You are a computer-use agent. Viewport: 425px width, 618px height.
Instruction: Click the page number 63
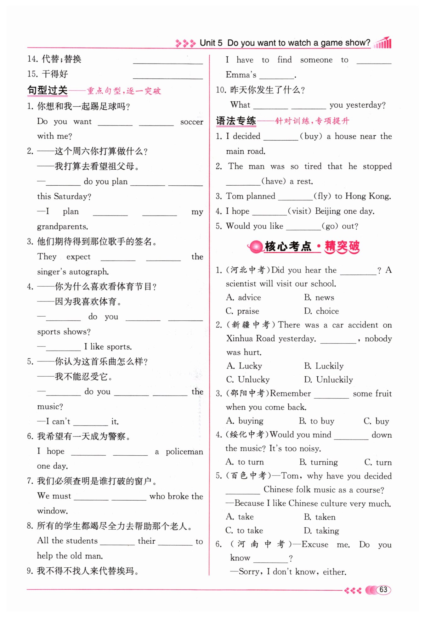[383, 589]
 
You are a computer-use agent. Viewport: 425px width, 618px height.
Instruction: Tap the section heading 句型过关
[48, 91]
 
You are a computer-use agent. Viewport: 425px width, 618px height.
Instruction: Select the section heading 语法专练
[236, 121]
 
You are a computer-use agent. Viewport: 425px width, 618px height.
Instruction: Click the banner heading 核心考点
[288, 246]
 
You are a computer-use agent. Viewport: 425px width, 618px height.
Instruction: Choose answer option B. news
[319, 297]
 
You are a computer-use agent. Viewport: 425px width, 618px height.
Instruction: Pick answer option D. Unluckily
[328, 379]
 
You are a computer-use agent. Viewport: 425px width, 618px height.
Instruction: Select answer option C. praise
[242, 311]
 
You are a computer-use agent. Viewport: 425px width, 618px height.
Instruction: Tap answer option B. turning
[319, 462]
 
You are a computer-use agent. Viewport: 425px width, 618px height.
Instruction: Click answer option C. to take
[244, 531]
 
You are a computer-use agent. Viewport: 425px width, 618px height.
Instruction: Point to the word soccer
[191, 122]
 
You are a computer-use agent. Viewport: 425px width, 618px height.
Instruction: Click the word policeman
[184, 452]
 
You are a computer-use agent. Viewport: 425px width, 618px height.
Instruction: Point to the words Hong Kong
[368, 196]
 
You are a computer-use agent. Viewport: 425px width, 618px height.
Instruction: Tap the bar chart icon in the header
[383, 43]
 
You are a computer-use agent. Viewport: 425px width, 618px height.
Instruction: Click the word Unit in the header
[208, 43]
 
